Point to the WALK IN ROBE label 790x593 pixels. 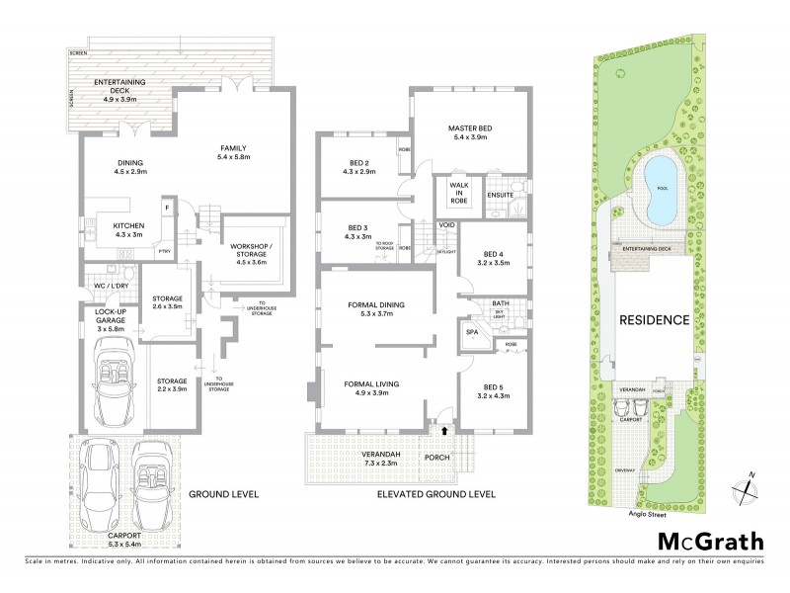pos(458,193)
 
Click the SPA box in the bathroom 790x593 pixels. pos(470,333)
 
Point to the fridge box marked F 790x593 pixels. pos(167,208)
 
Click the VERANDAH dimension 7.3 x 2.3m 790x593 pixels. pos(366,463)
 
